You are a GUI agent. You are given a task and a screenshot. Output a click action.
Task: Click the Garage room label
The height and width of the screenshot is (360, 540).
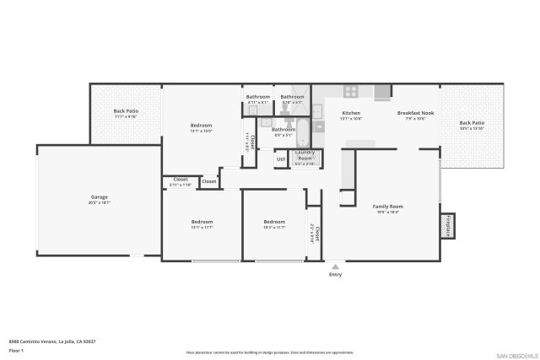(x=100, y=199)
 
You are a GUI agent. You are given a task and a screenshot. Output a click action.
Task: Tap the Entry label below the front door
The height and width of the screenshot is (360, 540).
(x=335, y=274)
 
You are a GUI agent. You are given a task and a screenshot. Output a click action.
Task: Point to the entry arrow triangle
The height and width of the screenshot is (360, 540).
(x=335, y=265)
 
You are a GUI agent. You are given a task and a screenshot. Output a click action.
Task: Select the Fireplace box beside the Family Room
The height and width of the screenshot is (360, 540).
(x=447, y=226)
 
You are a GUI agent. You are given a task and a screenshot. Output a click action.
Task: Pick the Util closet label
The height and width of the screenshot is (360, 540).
(x=281, y=159)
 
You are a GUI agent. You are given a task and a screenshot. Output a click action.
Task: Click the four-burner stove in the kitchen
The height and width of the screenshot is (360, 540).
(x=351, y=91)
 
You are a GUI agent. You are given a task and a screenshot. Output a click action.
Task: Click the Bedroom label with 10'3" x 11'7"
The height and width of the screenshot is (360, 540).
(x=274, y=223)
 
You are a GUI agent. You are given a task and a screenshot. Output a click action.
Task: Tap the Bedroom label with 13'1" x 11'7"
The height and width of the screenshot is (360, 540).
(x=202, y=223)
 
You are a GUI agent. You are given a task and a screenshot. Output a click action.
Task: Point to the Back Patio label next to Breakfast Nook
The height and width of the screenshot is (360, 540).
(x=472, y=125)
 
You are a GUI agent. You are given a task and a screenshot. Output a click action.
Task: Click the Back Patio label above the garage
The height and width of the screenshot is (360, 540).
(x=125, y=113)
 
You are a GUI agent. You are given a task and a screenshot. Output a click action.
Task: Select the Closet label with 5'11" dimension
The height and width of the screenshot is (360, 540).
(x=181, y=180)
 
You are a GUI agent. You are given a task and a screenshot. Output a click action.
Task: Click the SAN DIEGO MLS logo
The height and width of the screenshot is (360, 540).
(x=515, y=354)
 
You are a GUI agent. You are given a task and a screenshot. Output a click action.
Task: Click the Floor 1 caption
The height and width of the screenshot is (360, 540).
(x=16, y=350)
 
